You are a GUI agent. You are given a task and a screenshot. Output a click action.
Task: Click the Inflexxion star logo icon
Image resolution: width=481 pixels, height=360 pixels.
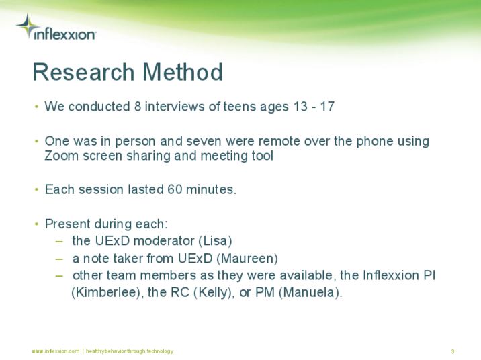coord(27,26)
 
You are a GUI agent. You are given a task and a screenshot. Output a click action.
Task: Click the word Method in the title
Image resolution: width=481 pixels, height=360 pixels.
coord(183,72)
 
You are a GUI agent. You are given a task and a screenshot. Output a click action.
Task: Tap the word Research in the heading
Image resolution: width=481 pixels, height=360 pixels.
coord(83,72)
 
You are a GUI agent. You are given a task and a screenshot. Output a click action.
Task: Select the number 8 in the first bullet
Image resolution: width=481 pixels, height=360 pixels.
coord(138,107)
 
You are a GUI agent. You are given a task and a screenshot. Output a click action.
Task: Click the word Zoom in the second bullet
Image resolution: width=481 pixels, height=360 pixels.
coord(61,156)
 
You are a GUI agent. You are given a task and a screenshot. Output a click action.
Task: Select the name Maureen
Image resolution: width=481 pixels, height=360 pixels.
coord(247,259)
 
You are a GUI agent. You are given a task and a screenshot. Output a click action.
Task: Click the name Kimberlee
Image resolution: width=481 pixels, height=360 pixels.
coord(105,292)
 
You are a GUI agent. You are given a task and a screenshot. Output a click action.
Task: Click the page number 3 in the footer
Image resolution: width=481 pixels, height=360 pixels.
coord(453,351)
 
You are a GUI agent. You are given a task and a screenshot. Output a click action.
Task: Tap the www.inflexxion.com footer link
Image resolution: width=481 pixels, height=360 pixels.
coord(56,351)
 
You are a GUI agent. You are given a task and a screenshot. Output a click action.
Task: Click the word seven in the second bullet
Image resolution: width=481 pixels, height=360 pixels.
coord(204,141)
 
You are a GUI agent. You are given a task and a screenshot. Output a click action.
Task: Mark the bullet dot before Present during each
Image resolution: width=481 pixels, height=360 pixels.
coord(36,224)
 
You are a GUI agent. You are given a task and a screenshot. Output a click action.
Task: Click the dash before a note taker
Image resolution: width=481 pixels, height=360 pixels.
coord(59,259)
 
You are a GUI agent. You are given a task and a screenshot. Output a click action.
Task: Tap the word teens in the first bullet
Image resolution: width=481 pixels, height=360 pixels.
coord(240,107)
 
